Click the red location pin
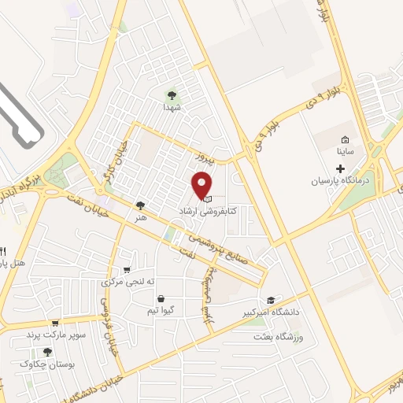coord(202,186)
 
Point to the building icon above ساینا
coord(345,139)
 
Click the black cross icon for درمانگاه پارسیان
coord(341,168)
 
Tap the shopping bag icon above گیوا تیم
coord(161,299)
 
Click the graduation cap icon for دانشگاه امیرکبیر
coord(271,301)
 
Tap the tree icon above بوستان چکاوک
coord(47,353)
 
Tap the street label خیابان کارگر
coord(99,167)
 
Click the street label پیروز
coord(205,156)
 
